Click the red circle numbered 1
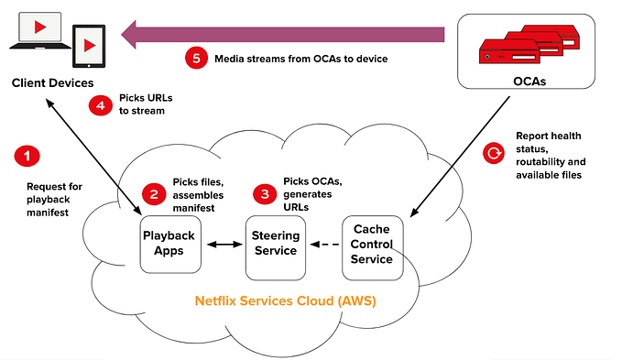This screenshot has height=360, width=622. [27, 156]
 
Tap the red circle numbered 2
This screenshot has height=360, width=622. [153, 193]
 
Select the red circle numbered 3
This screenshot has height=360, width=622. [266, 194]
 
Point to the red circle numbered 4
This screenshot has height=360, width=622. [100, 105]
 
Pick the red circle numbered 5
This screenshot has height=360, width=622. [195, 58]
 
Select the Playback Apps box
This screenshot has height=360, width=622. [169, 243]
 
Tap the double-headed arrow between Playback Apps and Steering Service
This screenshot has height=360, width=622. [224, 245]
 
